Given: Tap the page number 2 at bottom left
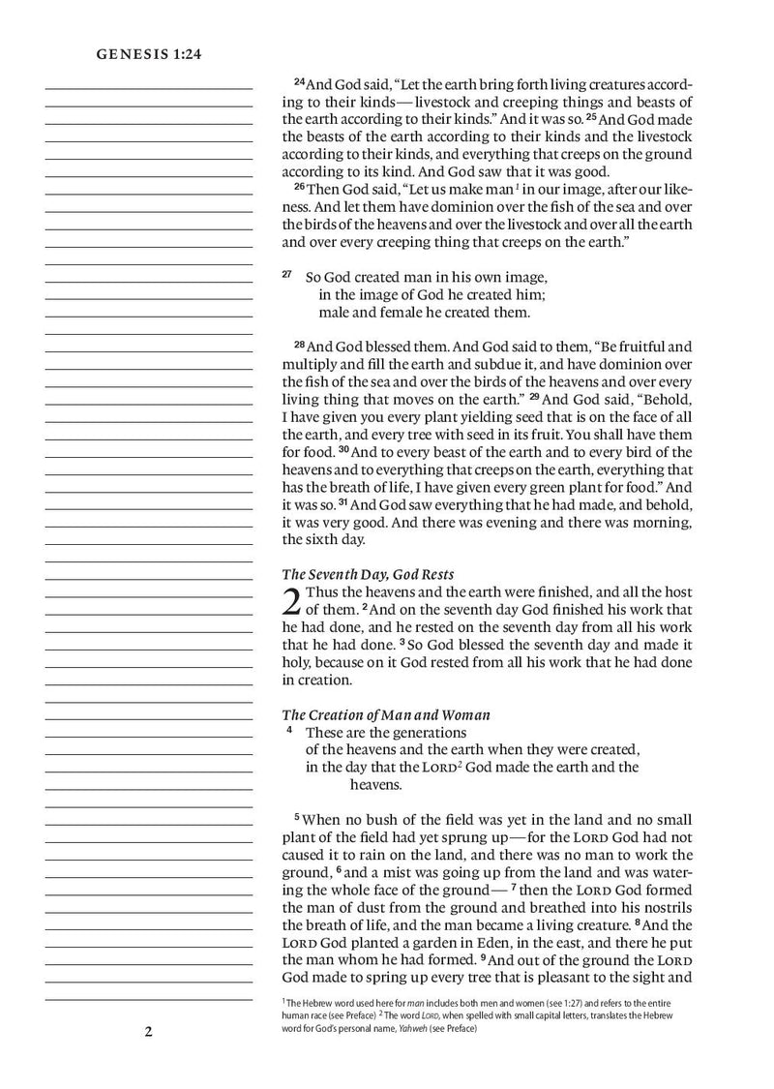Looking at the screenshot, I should tap(149, 1031).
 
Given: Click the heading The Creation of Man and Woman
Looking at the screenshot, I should tap(385, 714).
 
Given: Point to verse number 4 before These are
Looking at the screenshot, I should tap(289, 731).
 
